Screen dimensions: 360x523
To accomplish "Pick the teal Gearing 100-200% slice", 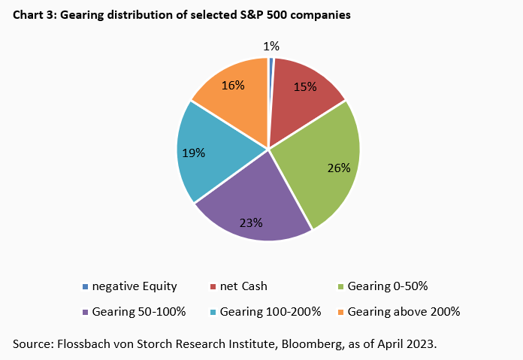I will pos(210,154).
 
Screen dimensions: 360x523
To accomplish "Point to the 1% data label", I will pos(271,47).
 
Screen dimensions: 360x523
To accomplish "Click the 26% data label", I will pos(339,168).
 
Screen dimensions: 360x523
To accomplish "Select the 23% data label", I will pos(251,222).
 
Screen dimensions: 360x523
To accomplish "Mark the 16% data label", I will pos(233,85).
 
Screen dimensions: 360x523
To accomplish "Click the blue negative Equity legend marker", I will pos(85,286).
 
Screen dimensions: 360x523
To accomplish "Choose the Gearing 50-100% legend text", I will pos(135,311).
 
